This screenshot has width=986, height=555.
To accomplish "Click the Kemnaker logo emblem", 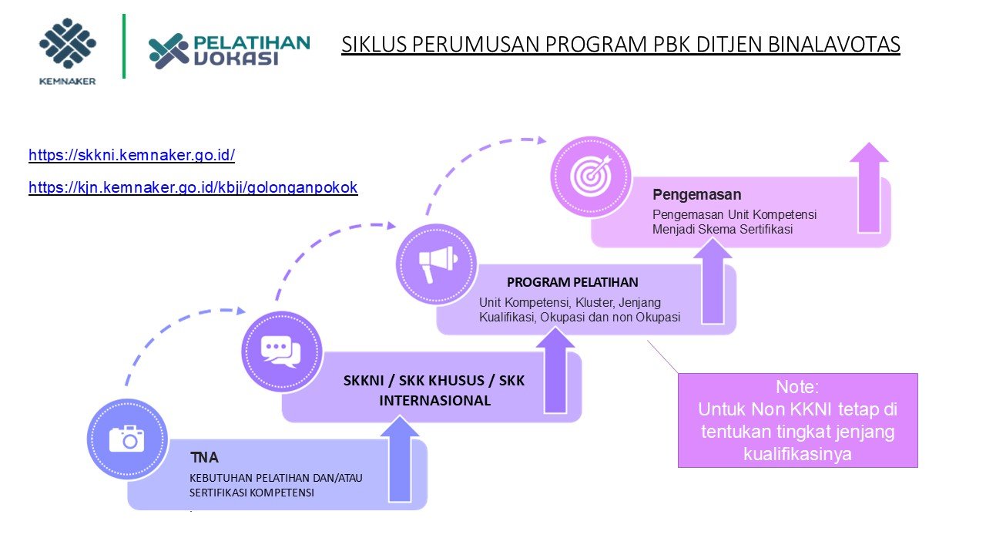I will pyautogui.click(x=68, y=45).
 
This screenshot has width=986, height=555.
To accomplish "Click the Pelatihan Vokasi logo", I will pyautogui.click(x=229, y=50).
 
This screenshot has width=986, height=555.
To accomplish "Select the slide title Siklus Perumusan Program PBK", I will pyautogui.click(x=620, y=45).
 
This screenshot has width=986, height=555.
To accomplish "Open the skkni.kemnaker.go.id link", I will pyautogui.click(x=132, y=155).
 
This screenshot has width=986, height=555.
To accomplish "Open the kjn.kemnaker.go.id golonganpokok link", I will pyautogui.click(x=193, y=187).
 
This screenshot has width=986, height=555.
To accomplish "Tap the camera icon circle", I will pyautogui.click(x=127, y=439).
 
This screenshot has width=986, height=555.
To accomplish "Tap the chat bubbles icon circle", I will pyautogui.click(x=281, y=351).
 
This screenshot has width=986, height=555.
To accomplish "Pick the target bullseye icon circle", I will pyautogui.click(x=591, y=177).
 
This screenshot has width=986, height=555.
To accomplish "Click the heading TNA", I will pyautogui.click(x=204, y=458).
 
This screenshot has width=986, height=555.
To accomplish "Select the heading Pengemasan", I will pyautogui.click(x=696, y=194).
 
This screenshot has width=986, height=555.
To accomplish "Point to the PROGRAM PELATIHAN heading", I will pyautogui.click(x=572, y=282).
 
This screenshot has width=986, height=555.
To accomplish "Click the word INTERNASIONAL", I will pyautogui.click(x=434, y=401).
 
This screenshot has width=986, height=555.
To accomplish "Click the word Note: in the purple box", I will pyautogui.click(x=797, y=387).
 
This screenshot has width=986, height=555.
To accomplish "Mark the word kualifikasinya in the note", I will pyautogui.click(x=797, y=454).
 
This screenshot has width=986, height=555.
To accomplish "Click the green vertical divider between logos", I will pyautogui.click(x=123, y=45).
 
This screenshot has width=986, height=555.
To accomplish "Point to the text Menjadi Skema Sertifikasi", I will pyautogui.click(x=723, y=229).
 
